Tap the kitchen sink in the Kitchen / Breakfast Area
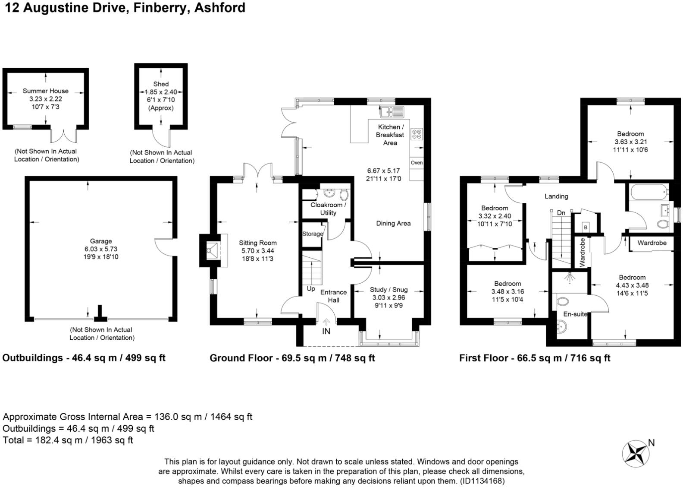point(392,112)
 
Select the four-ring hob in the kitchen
point(417,134)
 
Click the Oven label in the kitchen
point(417,163)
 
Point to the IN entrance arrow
point(326,322)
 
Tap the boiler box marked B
point(585,228)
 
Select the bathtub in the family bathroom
point(649,193)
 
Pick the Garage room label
point(100,241)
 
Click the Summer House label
point(45,91)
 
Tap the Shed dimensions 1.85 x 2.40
point(161,92)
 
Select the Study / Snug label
point(388,289)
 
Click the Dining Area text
point(393,224)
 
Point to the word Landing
point(557,196)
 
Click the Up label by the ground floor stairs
point(311,288)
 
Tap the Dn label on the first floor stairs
point(561,213)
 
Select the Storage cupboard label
point(313,234)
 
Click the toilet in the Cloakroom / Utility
point(344,194)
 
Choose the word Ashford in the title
point(219,8)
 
